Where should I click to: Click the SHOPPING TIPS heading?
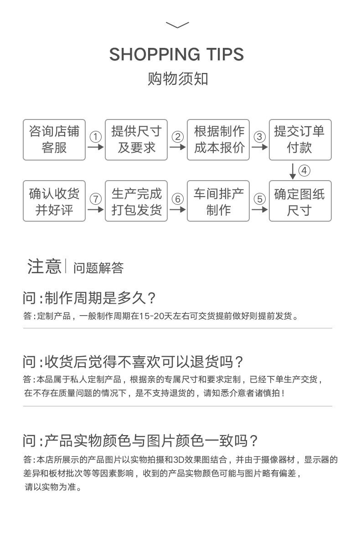(177, 54)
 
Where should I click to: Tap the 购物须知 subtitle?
(178, 78)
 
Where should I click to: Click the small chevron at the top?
(177, 25)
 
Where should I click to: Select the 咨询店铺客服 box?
(54, 140)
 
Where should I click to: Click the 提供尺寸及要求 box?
(136, 140)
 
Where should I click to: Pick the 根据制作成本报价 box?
(218, 140)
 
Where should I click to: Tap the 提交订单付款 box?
(300, 140)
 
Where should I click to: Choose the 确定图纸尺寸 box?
(300, 201)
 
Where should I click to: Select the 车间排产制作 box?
(218, 201)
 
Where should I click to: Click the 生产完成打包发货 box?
(136, 201)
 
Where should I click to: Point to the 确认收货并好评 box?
(54, 201)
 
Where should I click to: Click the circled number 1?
(95, 137)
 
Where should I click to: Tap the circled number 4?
(304, 171)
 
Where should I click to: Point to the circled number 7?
(95, 199)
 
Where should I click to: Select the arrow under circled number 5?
(259, 210)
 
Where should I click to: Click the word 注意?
(44, 267)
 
